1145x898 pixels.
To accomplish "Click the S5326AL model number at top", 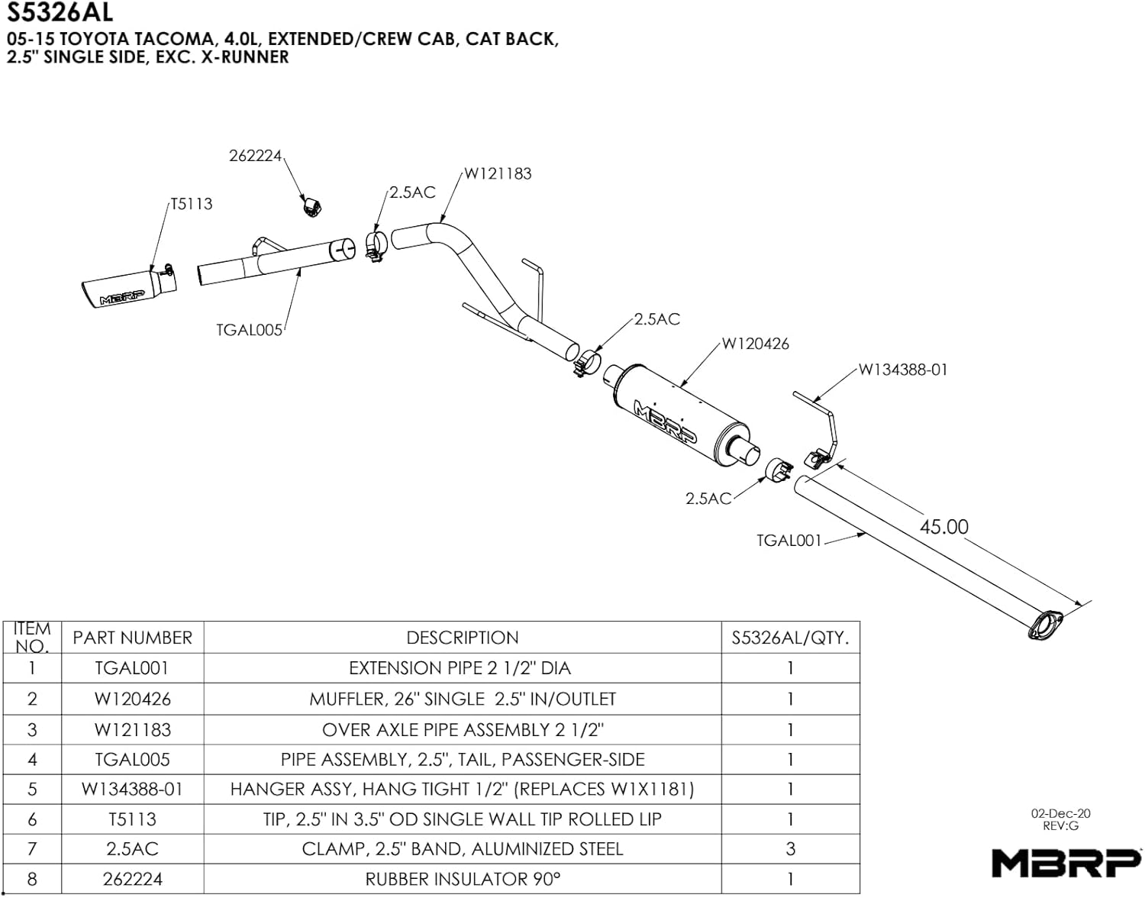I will [x=60, y=12].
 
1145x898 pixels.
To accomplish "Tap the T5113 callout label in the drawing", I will [x=192, y=204].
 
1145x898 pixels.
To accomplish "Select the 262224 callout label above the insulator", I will [x=255, y=156].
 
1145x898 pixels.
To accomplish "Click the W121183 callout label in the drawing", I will [x=498, y=173].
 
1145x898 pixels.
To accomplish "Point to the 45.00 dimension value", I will [x=943, y=527].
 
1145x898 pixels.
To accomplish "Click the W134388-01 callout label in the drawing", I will [x=903, y=370].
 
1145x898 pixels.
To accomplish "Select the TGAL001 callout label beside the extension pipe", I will [x=789, y=541].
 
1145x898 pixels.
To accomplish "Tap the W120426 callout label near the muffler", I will [x=755, y=344].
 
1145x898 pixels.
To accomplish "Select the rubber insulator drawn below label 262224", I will [x=310, y=206].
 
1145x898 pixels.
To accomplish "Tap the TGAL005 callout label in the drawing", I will [x=249, y=330].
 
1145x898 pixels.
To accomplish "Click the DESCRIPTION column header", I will [x=462, y=638].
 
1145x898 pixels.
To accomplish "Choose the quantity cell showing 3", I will [x=790, y=848].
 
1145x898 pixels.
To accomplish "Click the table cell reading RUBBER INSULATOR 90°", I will [x=462, y=879].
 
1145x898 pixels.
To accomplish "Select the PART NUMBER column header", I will [x=132, y=638].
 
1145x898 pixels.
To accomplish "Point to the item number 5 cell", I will [x=32, y=789].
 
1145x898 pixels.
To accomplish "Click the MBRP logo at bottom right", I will [x=1066, y=863].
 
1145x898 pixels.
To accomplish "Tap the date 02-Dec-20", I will [x=1060, y=814].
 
